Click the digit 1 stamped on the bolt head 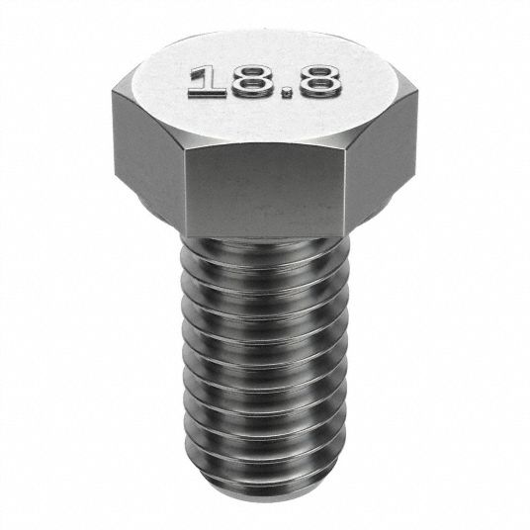207,82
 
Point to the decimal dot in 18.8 287,92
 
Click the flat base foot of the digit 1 207,93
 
